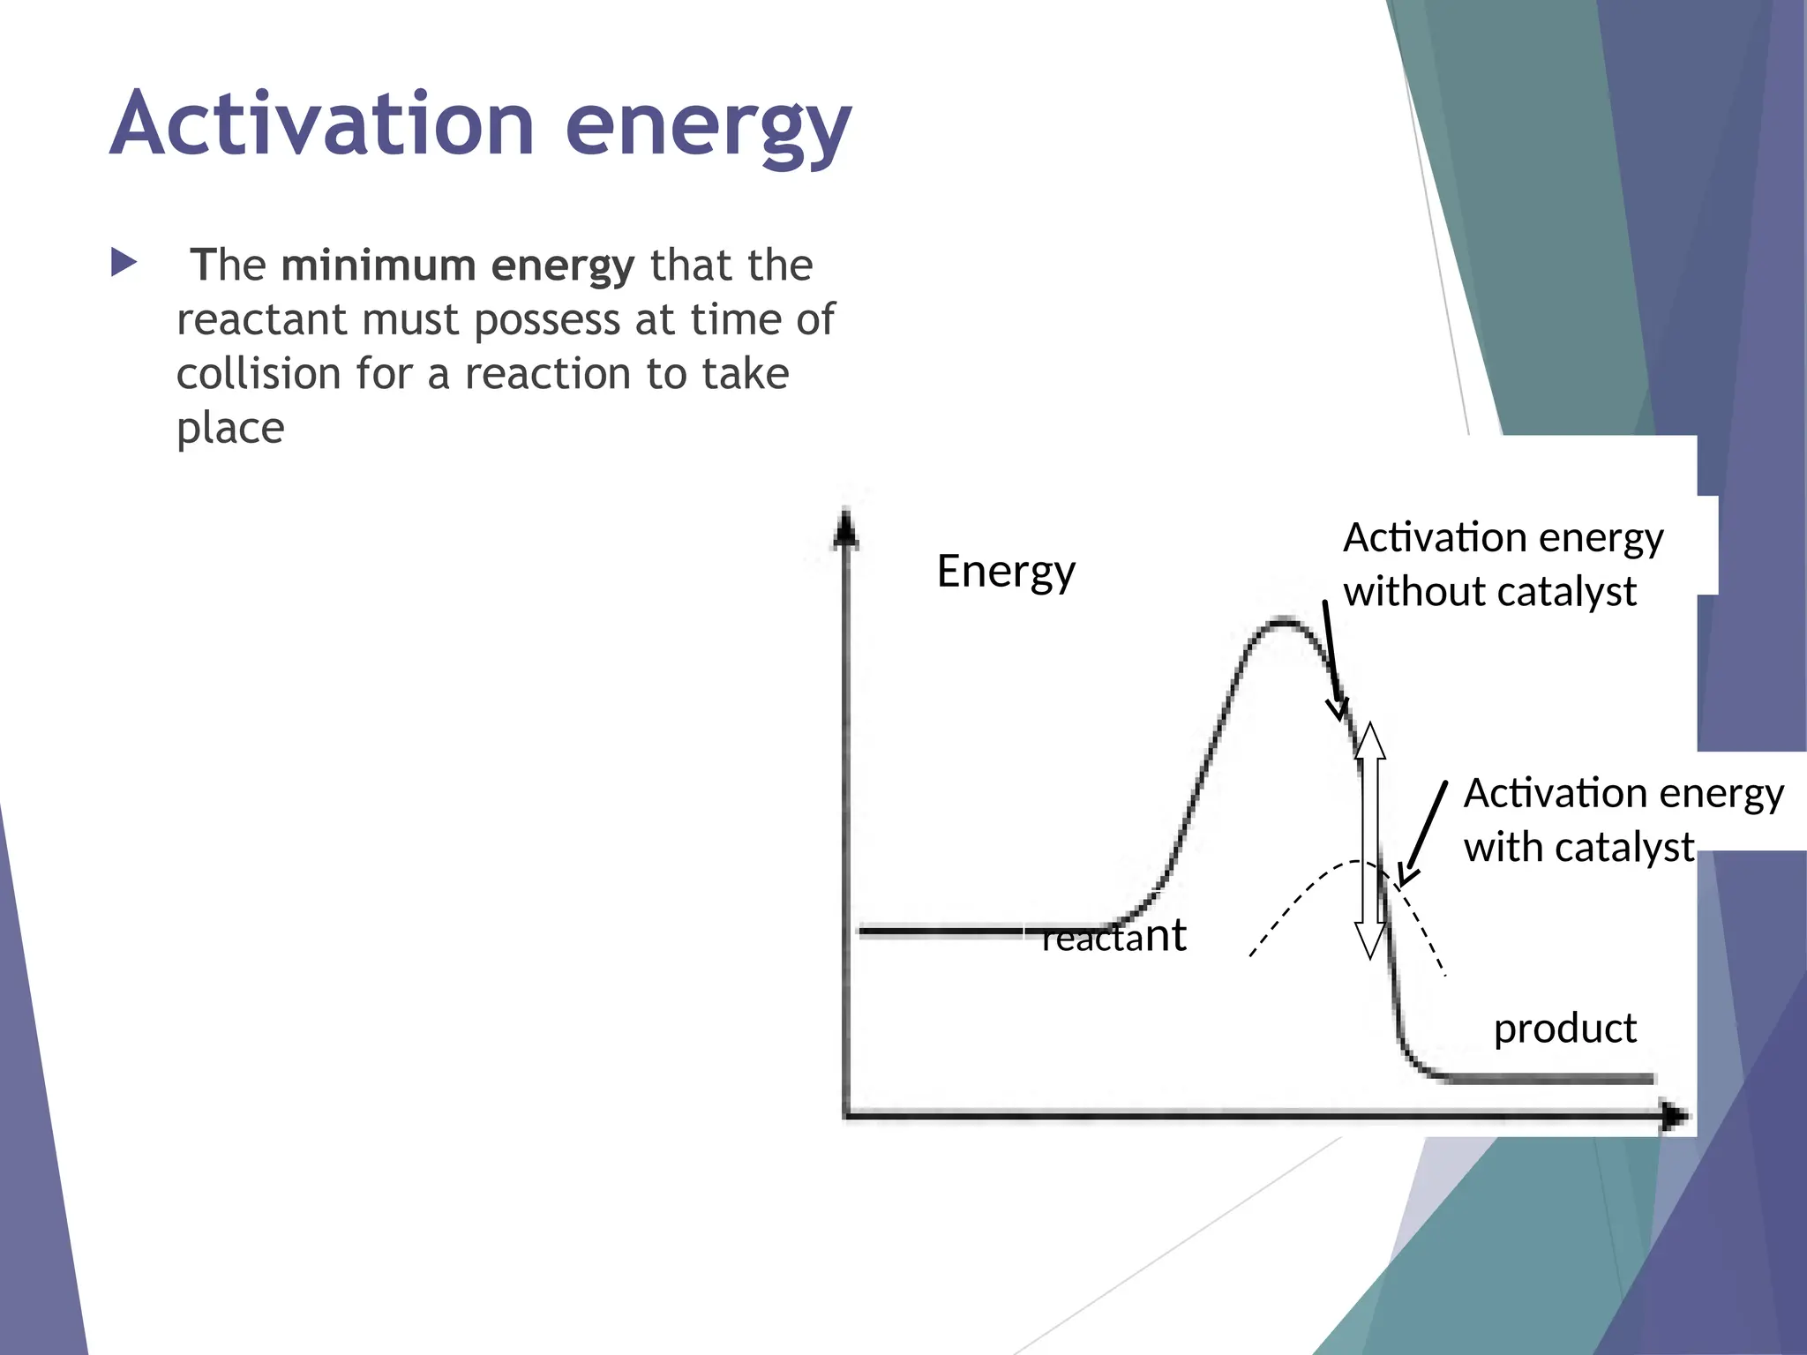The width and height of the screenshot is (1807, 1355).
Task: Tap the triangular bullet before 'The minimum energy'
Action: pos(124,263)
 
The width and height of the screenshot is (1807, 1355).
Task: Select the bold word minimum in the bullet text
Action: pos(379,266)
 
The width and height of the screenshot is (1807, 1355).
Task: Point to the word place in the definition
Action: pos(230,429)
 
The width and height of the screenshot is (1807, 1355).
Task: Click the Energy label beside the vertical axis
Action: pos(1006,572)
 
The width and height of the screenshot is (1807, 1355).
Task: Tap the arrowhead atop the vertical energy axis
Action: pos(845,529)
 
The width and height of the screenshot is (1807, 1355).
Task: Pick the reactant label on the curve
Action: pos(1113,936)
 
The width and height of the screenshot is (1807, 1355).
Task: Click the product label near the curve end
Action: pos(1564,1029)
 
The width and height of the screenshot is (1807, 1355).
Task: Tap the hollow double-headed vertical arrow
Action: pos(1370,840)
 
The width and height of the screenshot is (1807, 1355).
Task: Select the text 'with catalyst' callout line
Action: pos(1578,848)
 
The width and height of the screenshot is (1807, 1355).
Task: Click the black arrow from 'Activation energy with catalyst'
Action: pos(1423,834)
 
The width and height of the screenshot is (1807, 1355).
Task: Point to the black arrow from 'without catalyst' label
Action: pos(1332,662)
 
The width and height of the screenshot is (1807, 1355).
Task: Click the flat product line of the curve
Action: pos(1544,1078)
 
